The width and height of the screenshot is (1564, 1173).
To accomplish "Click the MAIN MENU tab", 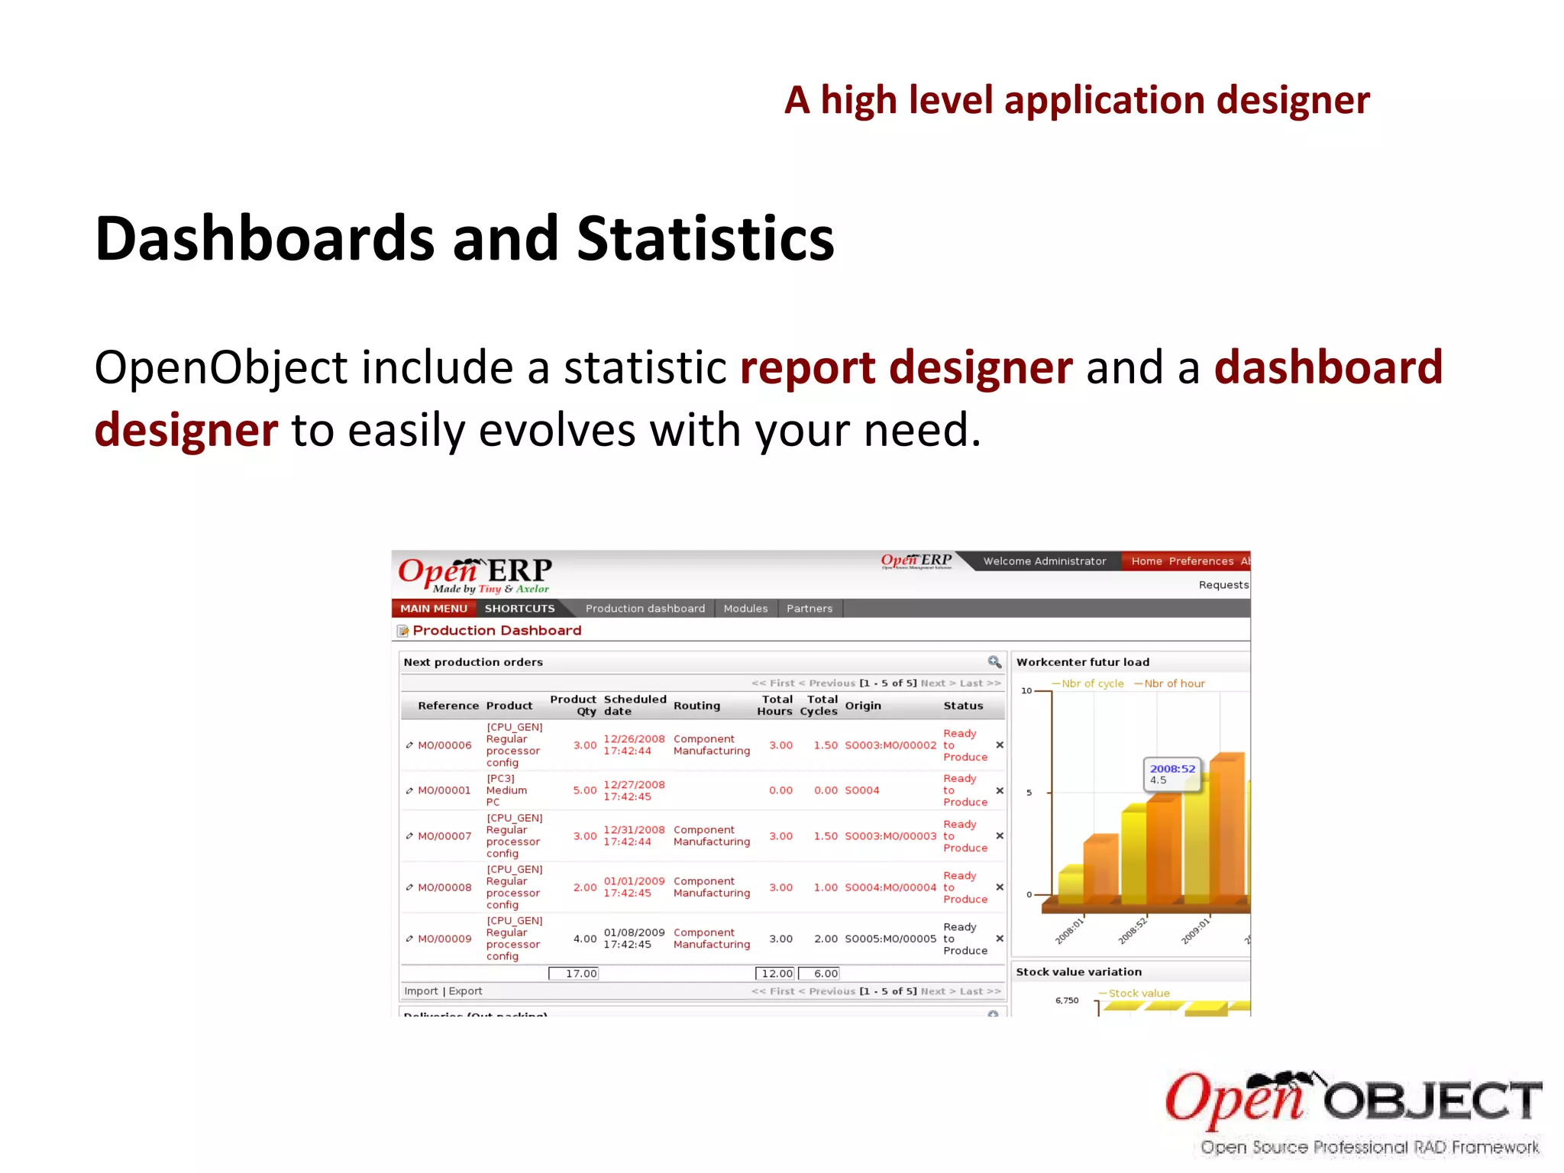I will [433, 609].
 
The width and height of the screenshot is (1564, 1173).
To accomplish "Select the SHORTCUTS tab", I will [519, 609].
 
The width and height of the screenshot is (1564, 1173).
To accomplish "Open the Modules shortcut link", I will [745, 609].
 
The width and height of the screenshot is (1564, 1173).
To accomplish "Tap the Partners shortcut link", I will [809, 609].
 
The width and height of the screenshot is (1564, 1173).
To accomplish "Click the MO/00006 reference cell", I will [444, 745].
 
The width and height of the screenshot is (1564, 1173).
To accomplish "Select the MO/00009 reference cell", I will [444, 939].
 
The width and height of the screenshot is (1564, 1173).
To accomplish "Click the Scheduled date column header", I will [635, 705].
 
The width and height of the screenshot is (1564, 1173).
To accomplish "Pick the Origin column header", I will [863, 706].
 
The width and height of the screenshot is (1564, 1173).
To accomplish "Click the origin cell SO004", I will [861, 790].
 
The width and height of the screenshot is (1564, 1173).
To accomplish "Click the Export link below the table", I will [465, 991].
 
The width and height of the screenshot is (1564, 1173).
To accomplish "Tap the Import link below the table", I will [421, 991].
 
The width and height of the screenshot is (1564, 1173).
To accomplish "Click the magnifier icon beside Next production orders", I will [994, 662].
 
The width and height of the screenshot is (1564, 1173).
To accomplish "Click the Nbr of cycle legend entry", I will [1091, 683].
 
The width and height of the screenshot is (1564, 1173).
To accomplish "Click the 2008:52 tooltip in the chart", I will [1171, 774].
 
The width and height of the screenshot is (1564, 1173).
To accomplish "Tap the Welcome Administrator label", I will [1044, 561].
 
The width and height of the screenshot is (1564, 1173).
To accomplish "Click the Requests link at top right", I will [1223, 585].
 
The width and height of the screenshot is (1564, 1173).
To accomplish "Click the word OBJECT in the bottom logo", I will [1433, 1101].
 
